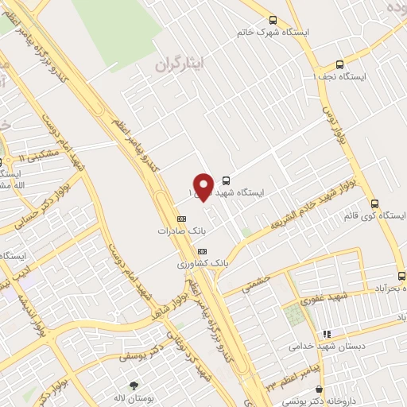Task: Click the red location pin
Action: coord(203,186)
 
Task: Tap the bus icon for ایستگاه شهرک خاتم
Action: coord(273,21)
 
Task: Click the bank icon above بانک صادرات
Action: coord(181,217)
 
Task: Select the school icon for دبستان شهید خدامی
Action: coord(325,335)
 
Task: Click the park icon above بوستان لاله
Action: coord(134,386)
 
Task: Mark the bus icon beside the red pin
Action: coord(227,180)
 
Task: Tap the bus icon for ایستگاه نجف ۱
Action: coord(340,64)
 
